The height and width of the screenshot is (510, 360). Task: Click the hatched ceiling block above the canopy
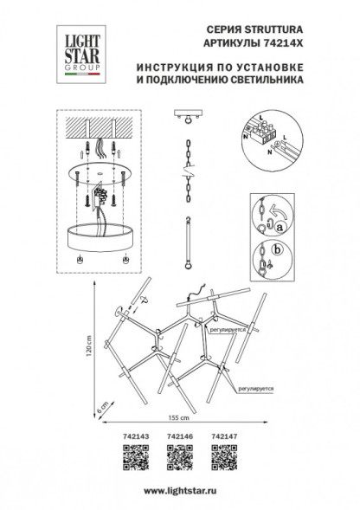pos(99,130)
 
